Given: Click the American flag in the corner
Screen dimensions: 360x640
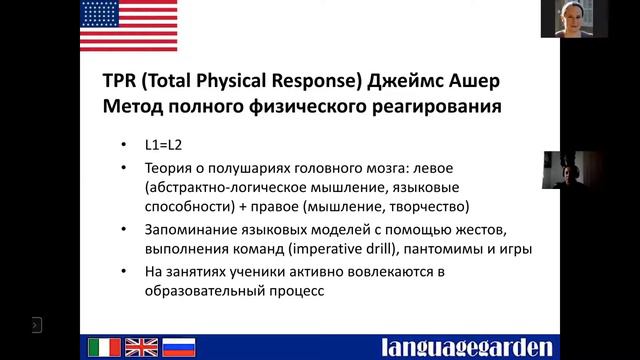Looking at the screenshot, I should click(x=127, y=26).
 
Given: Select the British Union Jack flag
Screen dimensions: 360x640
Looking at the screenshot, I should click(x=141, y=347).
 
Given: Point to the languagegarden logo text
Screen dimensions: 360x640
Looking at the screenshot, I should click(x=466, y=347).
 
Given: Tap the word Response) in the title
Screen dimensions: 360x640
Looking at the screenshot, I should click(x=355, y=79).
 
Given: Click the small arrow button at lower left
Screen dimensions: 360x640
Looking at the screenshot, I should click(x=36, y=324).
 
